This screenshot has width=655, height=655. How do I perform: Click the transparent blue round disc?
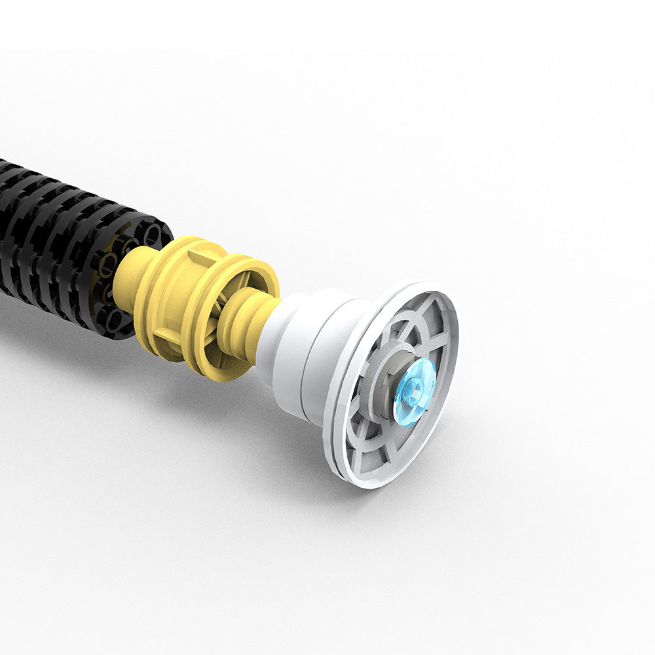[x=415, y=391]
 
